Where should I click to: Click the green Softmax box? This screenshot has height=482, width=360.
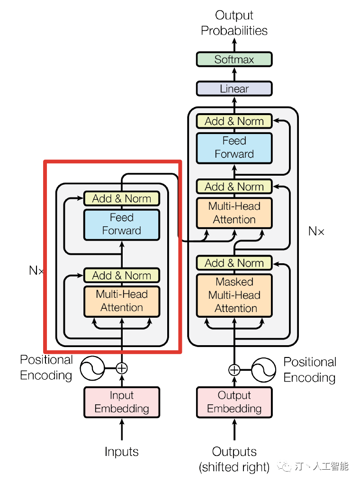(234, 60)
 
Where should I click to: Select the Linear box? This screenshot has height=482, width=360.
(234, 89)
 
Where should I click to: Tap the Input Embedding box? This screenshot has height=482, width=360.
(122, 402)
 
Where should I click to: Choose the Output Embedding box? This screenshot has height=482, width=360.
(234, 402)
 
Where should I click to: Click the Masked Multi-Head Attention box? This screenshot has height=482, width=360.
(234, 295)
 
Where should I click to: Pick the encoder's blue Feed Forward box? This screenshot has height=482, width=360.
(122, 224)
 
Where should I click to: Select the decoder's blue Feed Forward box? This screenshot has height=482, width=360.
(234, 147)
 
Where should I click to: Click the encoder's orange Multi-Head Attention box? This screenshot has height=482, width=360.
(122, 301)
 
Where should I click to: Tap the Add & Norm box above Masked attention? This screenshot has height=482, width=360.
(234, 263)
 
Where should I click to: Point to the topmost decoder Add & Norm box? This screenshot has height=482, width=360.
(234, 121)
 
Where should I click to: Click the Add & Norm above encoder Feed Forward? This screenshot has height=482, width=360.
(122, 198)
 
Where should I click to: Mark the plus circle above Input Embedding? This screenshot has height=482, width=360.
(122, 368)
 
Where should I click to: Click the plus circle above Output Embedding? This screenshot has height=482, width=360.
(234, 370)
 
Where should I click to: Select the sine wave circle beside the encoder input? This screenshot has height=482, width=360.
(93, 368)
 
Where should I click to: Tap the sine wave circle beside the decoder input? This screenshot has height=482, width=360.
(263, 370)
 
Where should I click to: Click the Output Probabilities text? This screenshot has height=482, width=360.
(234, 23)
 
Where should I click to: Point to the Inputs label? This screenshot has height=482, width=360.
(122, 452)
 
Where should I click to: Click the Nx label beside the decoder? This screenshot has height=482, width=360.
(316, 232)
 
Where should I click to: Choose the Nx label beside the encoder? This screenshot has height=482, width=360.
(36, 271)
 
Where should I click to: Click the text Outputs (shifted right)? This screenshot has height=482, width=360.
(234, 459)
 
